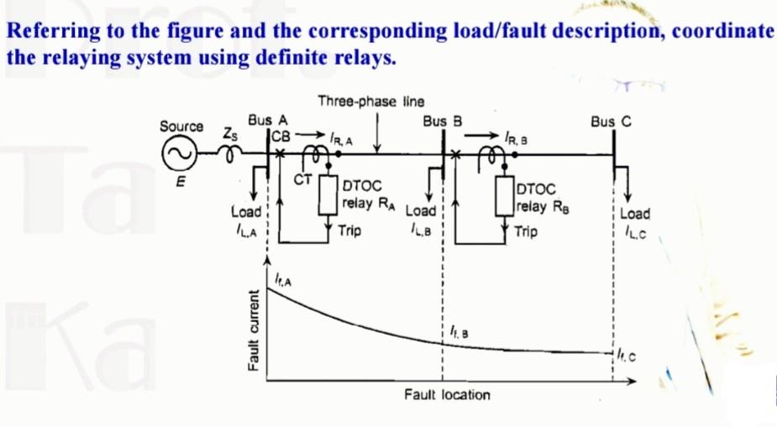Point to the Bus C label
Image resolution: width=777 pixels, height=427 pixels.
point(611,121)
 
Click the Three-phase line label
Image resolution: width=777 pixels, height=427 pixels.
point(370,102)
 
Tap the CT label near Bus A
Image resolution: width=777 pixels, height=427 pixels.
point(303,179)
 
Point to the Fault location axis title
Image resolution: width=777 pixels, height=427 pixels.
point(447,393)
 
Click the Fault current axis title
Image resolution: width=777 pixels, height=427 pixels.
point(251,328)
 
